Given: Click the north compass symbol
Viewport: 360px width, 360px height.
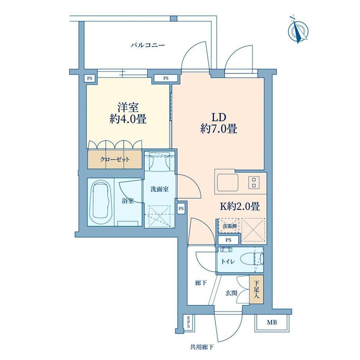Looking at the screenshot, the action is pos(298,30).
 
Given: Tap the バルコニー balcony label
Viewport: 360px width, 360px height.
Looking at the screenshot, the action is pos(148,45).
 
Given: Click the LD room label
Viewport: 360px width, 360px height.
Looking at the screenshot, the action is pos(219,117).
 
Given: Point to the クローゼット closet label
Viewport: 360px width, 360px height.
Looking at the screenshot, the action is pos(115,159).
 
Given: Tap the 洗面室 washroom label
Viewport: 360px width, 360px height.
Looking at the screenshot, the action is pos(160,189).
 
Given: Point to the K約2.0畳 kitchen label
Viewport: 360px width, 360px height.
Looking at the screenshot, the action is pos(240,206).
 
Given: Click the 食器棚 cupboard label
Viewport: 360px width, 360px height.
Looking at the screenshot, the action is pos(229,226).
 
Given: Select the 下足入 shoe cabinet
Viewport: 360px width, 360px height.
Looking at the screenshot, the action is pos(256,290).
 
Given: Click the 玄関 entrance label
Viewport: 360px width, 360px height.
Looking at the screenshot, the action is pos(231,293).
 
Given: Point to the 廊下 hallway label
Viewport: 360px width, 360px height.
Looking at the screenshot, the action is pos(201,283).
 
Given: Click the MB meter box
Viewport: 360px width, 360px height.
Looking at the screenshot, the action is pos(272,322).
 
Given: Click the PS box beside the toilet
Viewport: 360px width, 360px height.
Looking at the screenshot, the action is pos(229,240).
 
